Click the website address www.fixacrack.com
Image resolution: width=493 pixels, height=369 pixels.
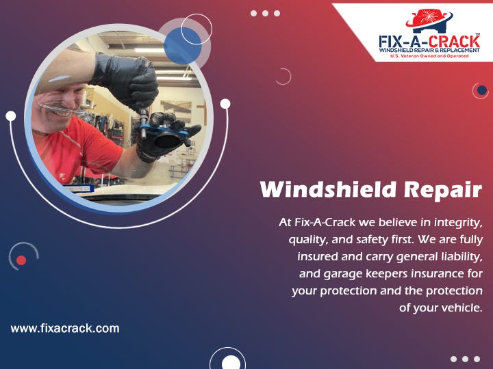(x=65, y=328)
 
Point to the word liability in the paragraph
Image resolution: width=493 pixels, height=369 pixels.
(x=460, y=256)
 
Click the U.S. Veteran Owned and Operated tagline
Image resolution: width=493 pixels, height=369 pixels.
(x=429, y=56)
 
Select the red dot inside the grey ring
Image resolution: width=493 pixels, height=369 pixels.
(x=21, y=260)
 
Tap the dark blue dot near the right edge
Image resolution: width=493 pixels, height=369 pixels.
(x=482, y=90)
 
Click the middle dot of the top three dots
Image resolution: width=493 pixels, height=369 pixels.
(x=265, y=13)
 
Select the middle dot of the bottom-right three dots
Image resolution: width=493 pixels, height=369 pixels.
(x=466, y=359)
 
